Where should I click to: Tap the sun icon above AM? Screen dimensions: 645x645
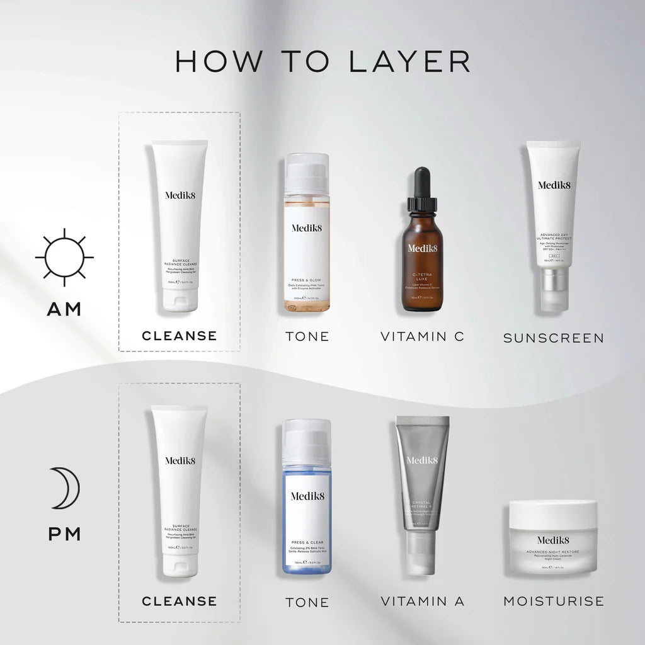(64, 257)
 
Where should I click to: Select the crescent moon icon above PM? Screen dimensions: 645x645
(64, 488)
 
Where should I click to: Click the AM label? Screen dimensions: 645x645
(64, 309)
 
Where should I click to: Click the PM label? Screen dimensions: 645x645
(64, 534)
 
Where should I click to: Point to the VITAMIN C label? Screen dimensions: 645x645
(422, 336)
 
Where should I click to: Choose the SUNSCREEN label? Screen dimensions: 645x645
(553, 338)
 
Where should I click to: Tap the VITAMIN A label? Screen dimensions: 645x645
(422, 602)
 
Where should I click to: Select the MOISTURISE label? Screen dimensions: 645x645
(553, 602)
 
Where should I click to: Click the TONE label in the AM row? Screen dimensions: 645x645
(307, 336)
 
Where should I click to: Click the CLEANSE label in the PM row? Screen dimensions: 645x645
(180, 602)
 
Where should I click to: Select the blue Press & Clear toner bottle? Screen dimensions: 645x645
(307, 498)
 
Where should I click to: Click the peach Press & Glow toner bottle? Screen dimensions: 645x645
(307, 233)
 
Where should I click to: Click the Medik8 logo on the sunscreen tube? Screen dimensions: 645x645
(553, 185)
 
